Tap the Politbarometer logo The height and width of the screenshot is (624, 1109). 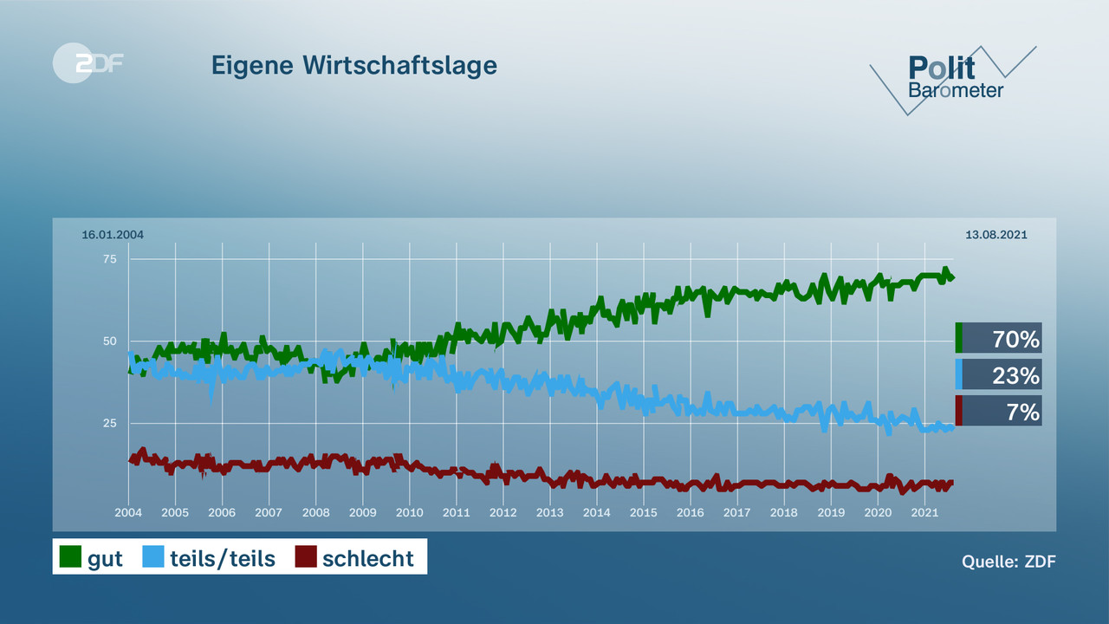point(954,78)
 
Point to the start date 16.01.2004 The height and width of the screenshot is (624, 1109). point(113,235)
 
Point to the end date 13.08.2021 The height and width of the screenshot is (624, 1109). point(996,235)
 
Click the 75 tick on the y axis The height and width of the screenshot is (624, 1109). point(110,259)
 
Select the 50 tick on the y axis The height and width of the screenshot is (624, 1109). point(110,341)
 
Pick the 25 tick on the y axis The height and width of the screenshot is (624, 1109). point(110,423)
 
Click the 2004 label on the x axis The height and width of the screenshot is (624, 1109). point(128,512)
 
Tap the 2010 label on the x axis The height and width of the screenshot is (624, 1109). point(409,512)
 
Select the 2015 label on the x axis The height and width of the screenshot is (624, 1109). point(643,512)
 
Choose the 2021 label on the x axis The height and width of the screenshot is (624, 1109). point(924,512)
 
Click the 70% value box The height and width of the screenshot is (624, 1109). point(999,338)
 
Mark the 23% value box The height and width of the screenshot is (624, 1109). point(999,374)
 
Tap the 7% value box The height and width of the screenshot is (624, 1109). point(999,411)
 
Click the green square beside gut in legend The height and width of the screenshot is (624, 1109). point(69,557)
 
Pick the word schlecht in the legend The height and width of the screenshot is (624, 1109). point(368,558)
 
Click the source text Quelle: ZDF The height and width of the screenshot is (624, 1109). point(1008,562)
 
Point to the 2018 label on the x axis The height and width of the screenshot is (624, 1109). point(783,512)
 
